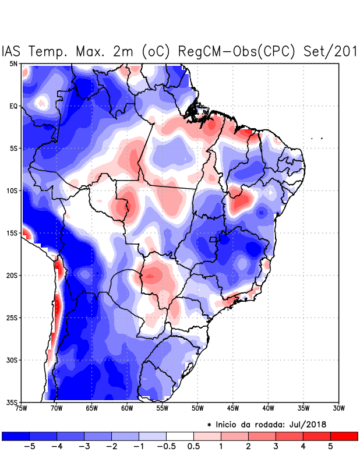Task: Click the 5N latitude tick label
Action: coord(13,63)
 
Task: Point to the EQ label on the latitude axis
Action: coord(13,106)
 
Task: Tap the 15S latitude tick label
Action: coord(12,233)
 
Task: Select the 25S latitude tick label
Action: coord(12,317)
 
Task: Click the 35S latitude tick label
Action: coord(12,402)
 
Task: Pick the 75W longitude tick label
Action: coord(22,408)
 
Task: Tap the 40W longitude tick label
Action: coord(268,408)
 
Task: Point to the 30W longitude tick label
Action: coord(339,408)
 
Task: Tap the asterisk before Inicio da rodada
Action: coord(209,425)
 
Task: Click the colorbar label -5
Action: coord(29,447)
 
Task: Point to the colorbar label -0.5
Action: coord(166,447)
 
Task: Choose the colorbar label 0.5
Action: coord(194,447)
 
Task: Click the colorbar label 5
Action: coord(330,447)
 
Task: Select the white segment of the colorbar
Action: coord(180,436)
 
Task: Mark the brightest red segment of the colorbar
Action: coord(344,436)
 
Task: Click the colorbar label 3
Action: coord(276,447)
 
